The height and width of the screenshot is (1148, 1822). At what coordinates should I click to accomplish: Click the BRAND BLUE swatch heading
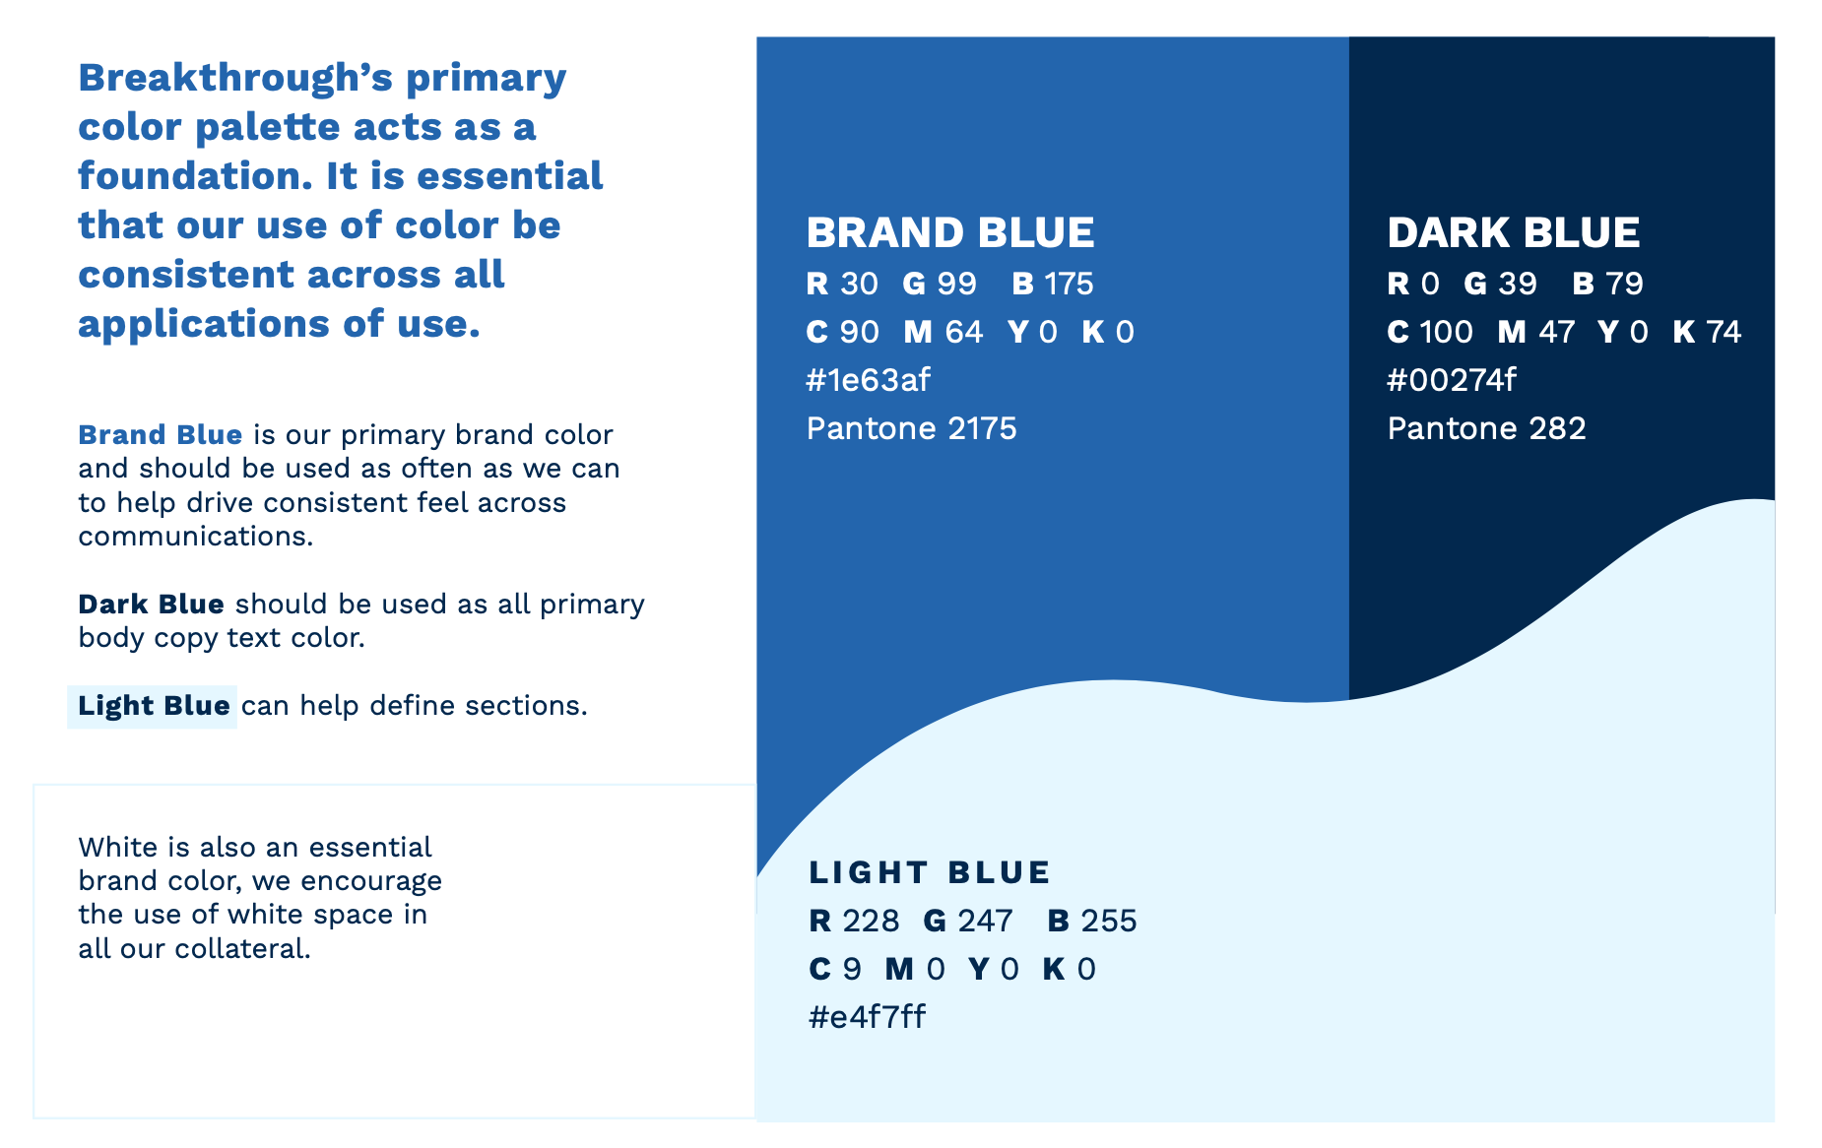click(x=949, y=233)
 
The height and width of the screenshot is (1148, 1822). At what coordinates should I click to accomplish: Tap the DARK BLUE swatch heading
click(x=1514, y=233)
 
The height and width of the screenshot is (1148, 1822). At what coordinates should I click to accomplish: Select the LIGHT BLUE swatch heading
click(x=930, y=872)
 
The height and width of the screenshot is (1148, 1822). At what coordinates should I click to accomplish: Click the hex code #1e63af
click(x=868, y=380)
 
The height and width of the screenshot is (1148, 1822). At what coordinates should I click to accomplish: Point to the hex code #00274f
click(x=1452, y=380)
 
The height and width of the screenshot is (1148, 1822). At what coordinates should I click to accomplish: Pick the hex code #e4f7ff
click(x=867, y=1017)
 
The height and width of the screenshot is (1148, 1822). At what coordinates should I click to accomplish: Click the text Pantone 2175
click(x=911, y=428)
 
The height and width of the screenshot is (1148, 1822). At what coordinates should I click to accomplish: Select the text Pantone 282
click(x=1486, y=428)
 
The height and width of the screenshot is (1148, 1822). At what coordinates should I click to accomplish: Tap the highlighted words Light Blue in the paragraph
click(x=154, y=706)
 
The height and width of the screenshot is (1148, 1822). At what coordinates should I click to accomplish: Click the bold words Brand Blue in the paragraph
click(x=161, y=434)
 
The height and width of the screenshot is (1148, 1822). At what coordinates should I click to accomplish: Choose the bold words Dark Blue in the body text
click(x=152, y=604)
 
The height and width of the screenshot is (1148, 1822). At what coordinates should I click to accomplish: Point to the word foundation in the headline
click(x=195, y=176)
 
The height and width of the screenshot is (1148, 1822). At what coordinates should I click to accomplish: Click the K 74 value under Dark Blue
click(x=1707, y=332)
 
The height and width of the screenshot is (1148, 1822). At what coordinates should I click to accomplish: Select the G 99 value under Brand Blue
click(x=940, y=284)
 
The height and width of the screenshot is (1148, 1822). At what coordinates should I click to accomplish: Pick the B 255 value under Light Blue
click(x=1092, y=921)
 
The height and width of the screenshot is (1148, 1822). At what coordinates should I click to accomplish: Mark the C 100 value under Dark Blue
click(x=1430, y=332)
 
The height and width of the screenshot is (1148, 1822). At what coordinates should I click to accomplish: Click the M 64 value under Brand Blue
click(x=944, y=332)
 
